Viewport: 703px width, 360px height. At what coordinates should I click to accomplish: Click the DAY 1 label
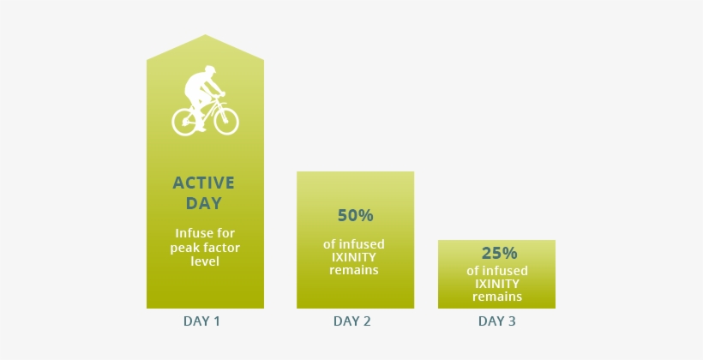click(x=201, y=321)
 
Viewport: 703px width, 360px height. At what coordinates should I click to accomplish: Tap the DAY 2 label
click(x=352, y=321)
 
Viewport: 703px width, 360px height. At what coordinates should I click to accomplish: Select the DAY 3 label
click(x=496, y=321)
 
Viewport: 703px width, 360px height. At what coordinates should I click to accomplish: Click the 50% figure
click(x=356, y=216)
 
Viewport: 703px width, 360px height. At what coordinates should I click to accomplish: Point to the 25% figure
click(x=500, y=254)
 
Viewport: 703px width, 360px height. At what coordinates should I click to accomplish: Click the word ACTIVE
click(x=203, y=183)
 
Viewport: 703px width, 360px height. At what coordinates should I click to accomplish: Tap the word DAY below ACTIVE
click(x=204, y=203)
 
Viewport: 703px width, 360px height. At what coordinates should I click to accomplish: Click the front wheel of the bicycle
click(x=226, y=121)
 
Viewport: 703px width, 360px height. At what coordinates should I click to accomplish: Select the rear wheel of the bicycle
click(x=184, y=122)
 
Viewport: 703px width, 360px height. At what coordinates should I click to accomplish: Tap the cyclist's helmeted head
click(x=209, y=71)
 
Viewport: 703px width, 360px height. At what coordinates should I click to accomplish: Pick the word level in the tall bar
click(x=205, y=261)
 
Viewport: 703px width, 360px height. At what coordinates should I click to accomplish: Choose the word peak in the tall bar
click(x=183, y=248)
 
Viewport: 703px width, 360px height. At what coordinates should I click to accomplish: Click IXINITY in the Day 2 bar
click(x=354, y=257)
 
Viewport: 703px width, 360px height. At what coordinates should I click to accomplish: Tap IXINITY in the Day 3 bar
click(x=497, y=284)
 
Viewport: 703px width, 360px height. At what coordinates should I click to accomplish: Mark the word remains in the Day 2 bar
click(x=354, y=270)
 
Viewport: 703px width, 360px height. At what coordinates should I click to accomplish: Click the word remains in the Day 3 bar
click(x=497, y=297)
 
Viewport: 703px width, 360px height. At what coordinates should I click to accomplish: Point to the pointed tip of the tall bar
click(x=206, y=35)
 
